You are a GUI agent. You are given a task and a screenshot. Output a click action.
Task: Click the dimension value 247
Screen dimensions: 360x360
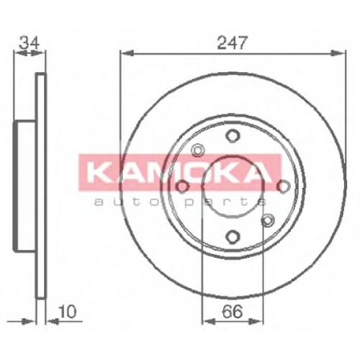(232, 42)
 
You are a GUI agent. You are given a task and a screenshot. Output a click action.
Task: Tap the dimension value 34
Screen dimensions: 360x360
(29, 43)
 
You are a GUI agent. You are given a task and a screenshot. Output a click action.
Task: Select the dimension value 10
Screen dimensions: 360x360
(67, 312)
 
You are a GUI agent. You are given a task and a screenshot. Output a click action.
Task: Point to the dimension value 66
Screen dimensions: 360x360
(233, 312)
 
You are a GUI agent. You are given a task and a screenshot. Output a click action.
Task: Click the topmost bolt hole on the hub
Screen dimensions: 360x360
(233, 135)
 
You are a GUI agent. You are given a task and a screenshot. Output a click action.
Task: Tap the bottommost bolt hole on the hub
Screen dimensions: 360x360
(233, 236)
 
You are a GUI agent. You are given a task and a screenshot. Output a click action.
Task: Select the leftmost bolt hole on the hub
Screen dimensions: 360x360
(182, 186)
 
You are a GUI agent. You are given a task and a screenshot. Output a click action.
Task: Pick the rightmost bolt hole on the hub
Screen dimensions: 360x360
(284, 186)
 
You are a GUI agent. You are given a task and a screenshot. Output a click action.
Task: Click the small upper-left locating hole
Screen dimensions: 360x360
(197, 150)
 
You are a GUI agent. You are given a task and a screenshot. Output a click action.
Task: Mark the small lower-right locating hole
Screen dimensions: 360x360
(268, 220)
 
